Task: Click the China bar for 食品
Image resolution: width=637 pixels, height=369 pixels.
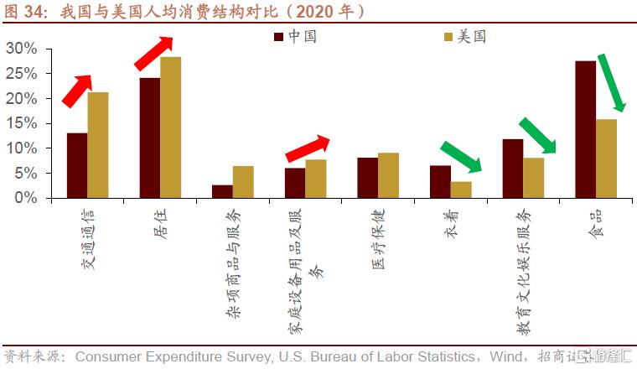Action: click(x=585, y=129)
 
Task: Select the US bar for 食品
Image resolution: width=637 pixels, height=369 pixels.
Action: click(x=606, y=159)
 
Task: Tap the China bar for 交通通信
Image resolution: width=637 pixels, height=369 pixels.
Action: click(x=77, y=165)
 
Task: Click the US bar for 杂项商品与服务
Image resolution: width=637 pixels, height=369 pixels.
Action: click(x=243, y=182)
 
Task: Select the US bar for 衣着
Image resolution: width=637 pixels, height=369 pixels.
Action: click(x=461, y=190)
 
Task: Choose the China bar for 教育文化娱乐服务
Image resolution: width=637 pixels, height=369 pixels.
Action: click(x=513, y=169)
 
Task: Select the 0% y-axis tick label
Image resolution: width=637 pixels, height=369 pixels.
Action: click(x=26, y=198)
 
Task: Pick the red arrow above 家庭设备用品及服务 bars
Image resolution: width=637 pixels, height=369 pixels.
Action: click(x=308, y=148)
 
